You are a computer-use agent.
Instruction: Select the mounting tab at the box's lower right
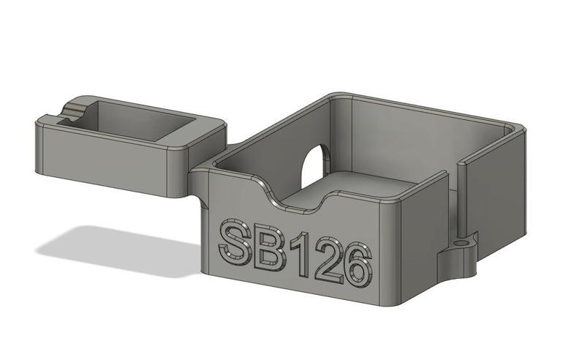click(x=457, y=252)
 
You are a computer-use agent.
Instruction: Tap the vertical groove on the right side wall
click(x=460, y=198)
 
